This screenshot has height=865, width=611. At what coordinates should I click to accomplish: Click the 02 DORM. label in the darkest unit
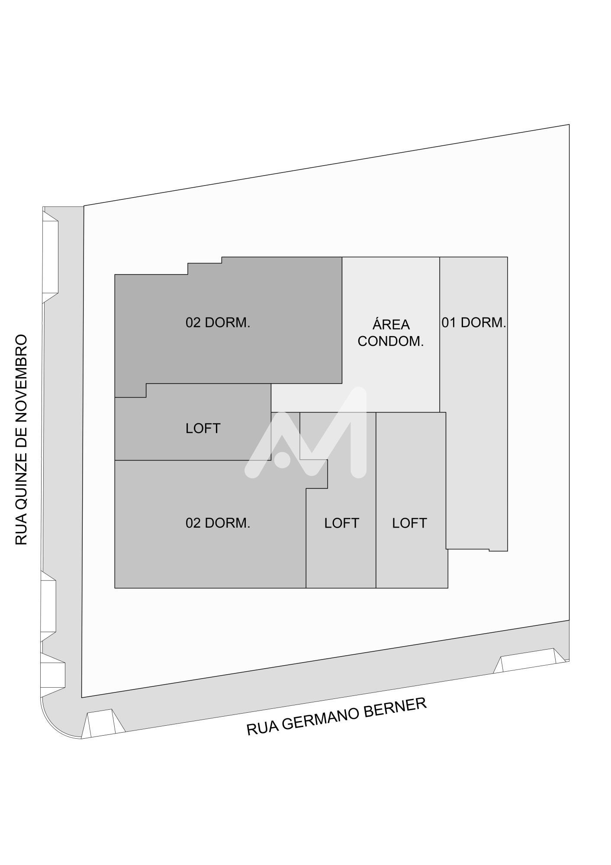(218, 323)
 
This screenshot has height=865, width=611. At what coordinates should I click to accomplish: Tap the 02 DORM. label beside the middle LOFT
(218, 523)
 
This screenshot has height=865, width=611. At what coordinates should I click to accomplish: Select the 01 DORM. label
(474, 323)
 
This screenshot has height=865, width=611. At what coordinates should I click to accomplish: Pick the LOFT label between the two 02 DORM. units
(203, 429)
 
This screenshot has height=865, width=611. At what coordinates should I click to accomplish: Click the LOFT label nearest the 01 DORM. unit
(409, 523)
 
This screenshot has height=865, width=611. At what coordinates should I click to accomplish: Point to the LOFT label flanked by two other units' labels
(341, 523)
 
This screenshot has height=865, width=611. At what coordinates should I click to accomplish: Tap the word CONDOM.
(390, 341)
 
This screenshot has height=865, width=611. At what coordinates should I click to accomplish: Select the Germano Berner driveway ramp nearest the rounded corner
(103, 723)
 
